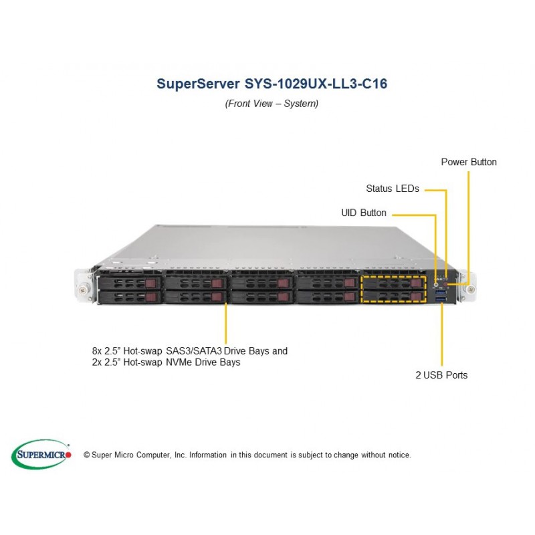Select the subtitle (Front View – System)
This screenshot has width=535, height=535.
coord(272,104)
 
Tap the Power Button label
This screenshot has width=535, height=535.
coord(469,162)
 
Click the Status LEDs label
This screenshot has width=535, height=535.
coord(393,189)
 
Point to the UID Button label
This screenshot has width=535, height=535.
coord(364,213)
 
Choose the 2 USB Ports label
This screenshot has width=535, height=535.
coord(441,375)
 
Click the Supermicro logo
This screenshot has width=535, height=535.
coord(41,454)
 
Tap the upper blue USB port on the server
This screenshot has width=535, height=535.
coord(439,287)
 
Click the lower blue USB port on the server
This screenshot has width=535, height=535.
coord(439,296)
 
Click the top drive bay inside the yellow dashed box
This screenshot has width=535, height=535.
coord(393,283)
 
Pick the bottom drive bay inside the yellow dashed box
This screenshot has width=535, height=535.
coord(393,296)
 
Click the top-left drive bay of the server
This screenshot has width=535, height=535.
coord(130,283)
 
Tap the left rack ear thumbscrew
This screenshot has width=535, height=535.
coord(84,288)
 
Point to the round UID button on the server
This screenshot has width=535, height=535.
coord(436,279)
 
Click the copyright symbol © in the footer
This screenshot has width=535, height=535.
coord(86,455)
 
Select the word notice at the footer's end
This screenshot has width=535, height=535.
coord(399,455)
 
